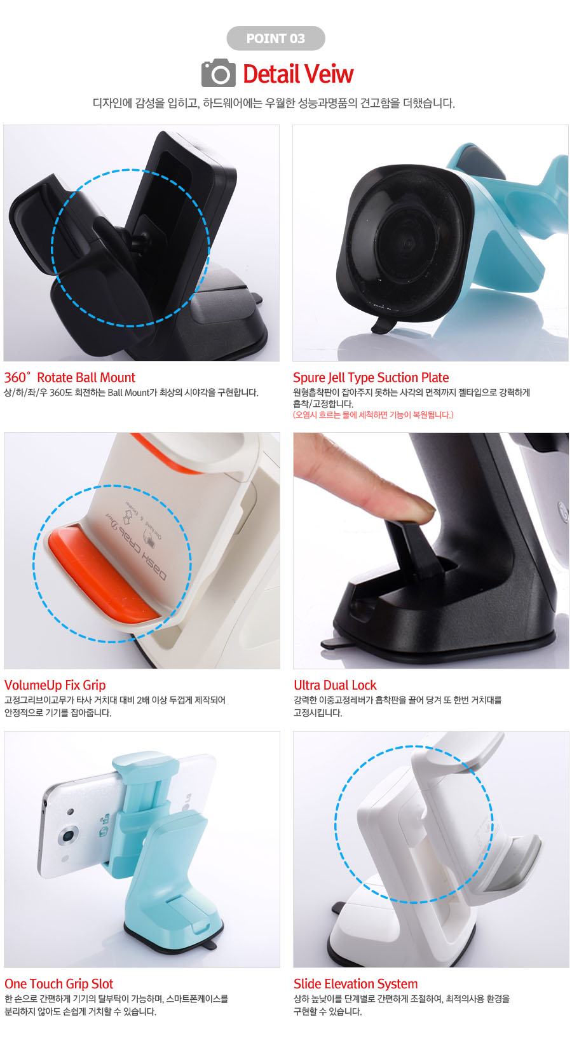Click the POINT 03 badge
[276, 38]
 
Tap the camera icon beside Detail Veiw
[219, 73]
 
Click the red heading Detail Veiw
[298, 74]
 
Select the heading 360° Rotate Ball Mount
[69, 378]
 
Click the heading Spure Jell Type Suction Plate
[371, 378]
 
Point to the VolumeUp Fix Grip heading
[55, 685]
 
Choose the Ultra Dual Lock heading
[335, 685]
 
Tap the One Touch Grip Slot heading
[59, 983]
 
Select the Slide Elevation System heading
[355, 983]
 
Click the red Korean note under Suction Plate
[373, 415]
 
